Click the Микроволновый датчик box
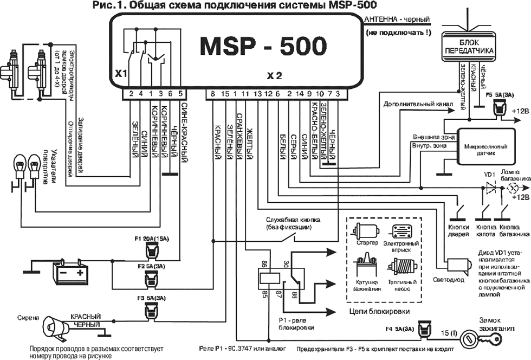point(484,146)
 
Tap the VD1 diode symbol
point(491,188)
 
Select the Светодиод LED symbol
point(458,265)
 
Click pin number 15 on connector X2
point(225,94)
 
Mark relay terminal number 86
point(264,263)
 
